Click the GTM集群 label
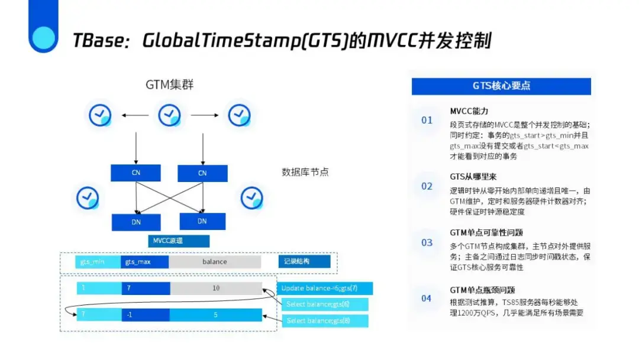click(x=170, y=85)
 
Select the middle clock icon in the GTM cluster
click(x=170, y=115)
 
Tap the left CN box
click(x=135, y=173)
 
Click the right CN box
click(x=202, y=173)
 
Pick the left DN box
click(x=135, y=222)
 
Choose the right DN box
click(x=202, y=221)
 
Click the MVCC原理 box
click(x=178, y=241)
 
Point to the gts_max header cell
click(x=144, y=261)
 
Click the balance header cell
click(x=214, y=261)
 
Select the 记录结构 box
click(x=304, y=261)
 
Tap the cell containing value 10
click(x=215, y=288)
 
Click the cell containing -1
click(x=145, y=315)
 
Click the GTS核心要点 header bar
click(x=501, y=86)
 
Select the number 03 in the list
click(x=427, y=242)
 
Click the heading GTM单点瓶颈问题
click(x=482, y=290)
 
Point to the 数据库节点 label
click(x=305, y=173)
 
